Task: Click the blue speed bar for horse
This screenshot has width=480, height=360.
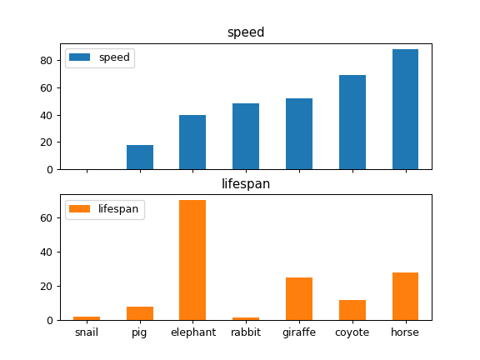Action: (405, 109)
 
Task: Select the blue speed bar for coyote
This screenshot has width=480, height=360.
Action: (352, 122)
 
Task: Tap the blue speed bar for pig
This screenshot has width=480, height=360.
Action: (140, 157)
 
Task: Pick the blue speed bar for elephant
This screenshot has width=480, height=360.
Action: (192, 142)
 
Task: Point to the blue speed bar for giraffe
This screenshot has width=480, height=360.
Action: (299, 134)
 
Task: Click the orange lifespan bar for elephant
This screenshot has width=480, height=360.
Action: (192, 260)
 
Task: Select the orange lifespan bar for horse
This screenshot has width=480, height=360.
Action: (405, 297)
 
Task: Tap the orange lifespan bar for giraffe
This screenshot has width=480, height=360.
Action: (299, 299)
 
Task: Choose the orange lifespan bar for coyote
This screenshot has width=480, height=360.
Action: (352, 310)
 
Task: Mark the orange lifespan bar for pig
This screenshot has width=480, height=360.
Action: (140, 313)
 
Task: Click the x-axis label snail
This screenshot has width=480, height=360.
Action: (87, 332)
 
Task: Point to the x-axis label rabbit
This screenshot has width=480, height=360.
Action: (246, 332)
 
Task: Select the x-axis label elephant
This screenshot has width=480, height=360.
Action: (192, 332)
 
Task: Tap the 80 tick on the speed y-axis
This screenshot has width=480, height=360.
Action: (48, 61)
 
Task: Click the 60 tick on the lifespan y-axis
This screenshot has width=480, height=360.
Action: (48, 217)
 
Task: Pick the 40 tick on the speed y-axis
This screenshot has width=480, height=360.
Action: (48, 115)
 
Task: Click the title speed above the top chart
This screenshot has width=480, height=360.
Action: (246, 32)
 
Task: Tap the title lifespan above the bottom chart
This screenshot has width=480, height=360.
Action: (246, 184)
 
